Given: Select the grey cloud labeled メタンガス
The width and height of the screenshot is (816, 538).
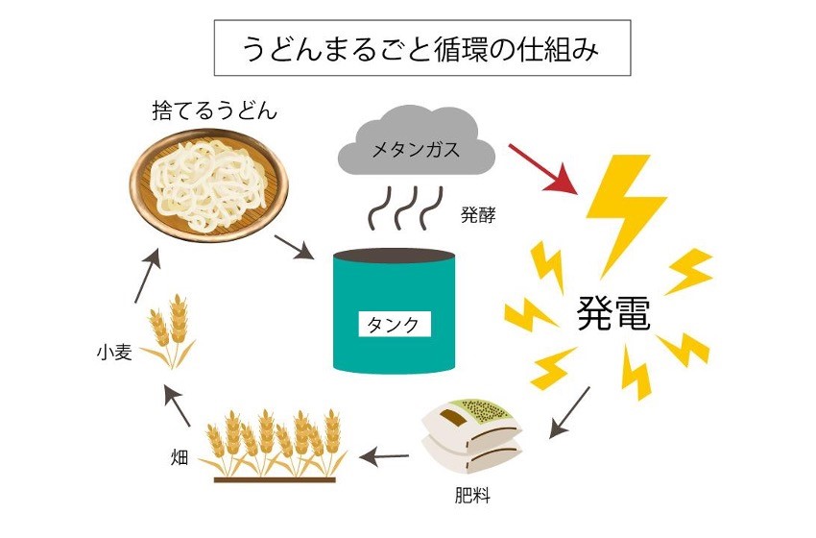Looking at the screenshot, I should [417, 149].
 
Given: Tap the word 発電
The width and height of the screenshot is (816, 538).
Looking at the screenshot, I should [613, 314].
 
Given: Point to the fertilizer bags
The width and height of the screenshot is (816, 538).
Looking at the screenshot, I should [469, 437].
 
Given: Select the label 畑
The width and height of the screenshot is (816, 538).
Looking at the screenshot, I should [177, 452].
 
